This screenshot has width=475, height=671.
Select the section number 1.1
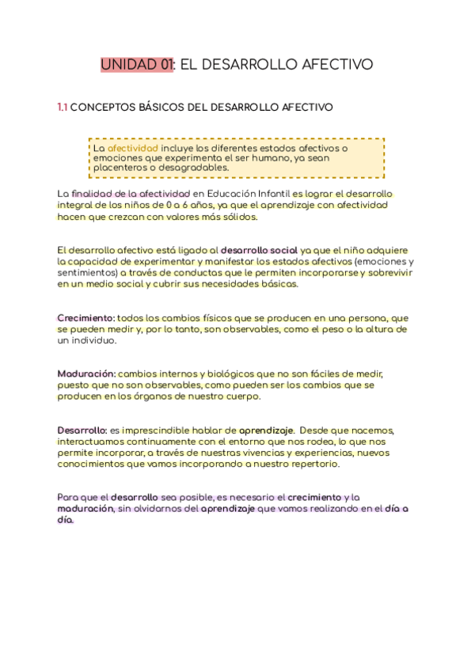pyautogui.click(x=62, y=107)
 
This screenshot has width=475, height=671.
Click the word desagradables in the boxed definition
pyautogui.click(x=195, y=167)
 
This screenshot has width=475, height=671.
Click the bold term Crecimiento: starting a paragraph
pyautogui.click(x=86, y=317)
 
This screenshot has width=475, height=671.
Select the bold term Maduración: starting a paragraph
pyautogui.click(x=87, y=373)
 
